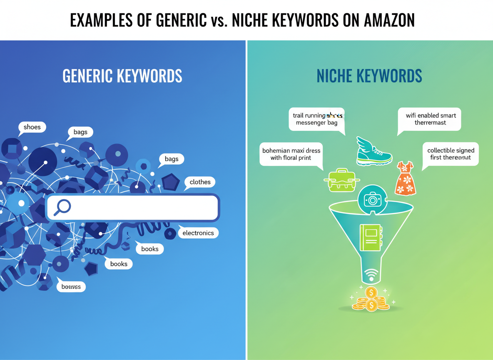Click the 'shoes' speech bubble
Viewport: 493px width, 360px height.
[x=32, y=127]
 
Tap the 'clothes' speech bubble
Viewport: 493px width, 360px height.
[x=200, y=182]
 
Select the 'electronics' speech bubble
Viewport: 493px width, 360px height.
[x=198, y=233]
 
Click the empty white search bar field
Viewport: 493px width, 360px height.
[x=142, y=207]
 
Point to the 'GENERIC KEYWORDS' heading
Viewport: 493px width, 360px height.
[x=122, y=76]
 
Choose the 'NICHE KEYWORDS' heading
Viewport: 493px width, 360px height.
[x=369, y=76]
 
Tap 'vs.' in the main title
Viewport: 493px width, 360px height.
[x=219, y=20]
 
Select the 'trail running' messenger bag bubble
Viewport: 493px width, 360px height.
[x=317, y=119]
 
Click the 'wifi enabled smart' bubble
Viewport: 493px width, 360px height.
[x=431, y=119]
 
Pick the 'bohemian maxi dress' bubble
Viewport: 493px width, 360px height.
[x=291, y=154]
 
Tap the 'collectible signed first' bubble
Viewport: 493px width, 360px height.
[x=451, y=154]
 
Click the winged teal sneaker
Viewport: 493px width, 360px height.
[x=373, y=151]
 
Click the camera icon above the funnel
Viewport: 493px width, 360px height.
[x=372, y=200]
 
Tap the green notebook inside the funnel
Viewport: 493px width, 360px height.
[x=370, y=238]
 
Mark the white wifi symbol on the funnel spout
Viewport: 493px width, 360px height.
[x=371, y=275]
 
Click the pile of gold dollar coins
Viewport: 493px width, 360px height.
[x=371, y=299]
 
